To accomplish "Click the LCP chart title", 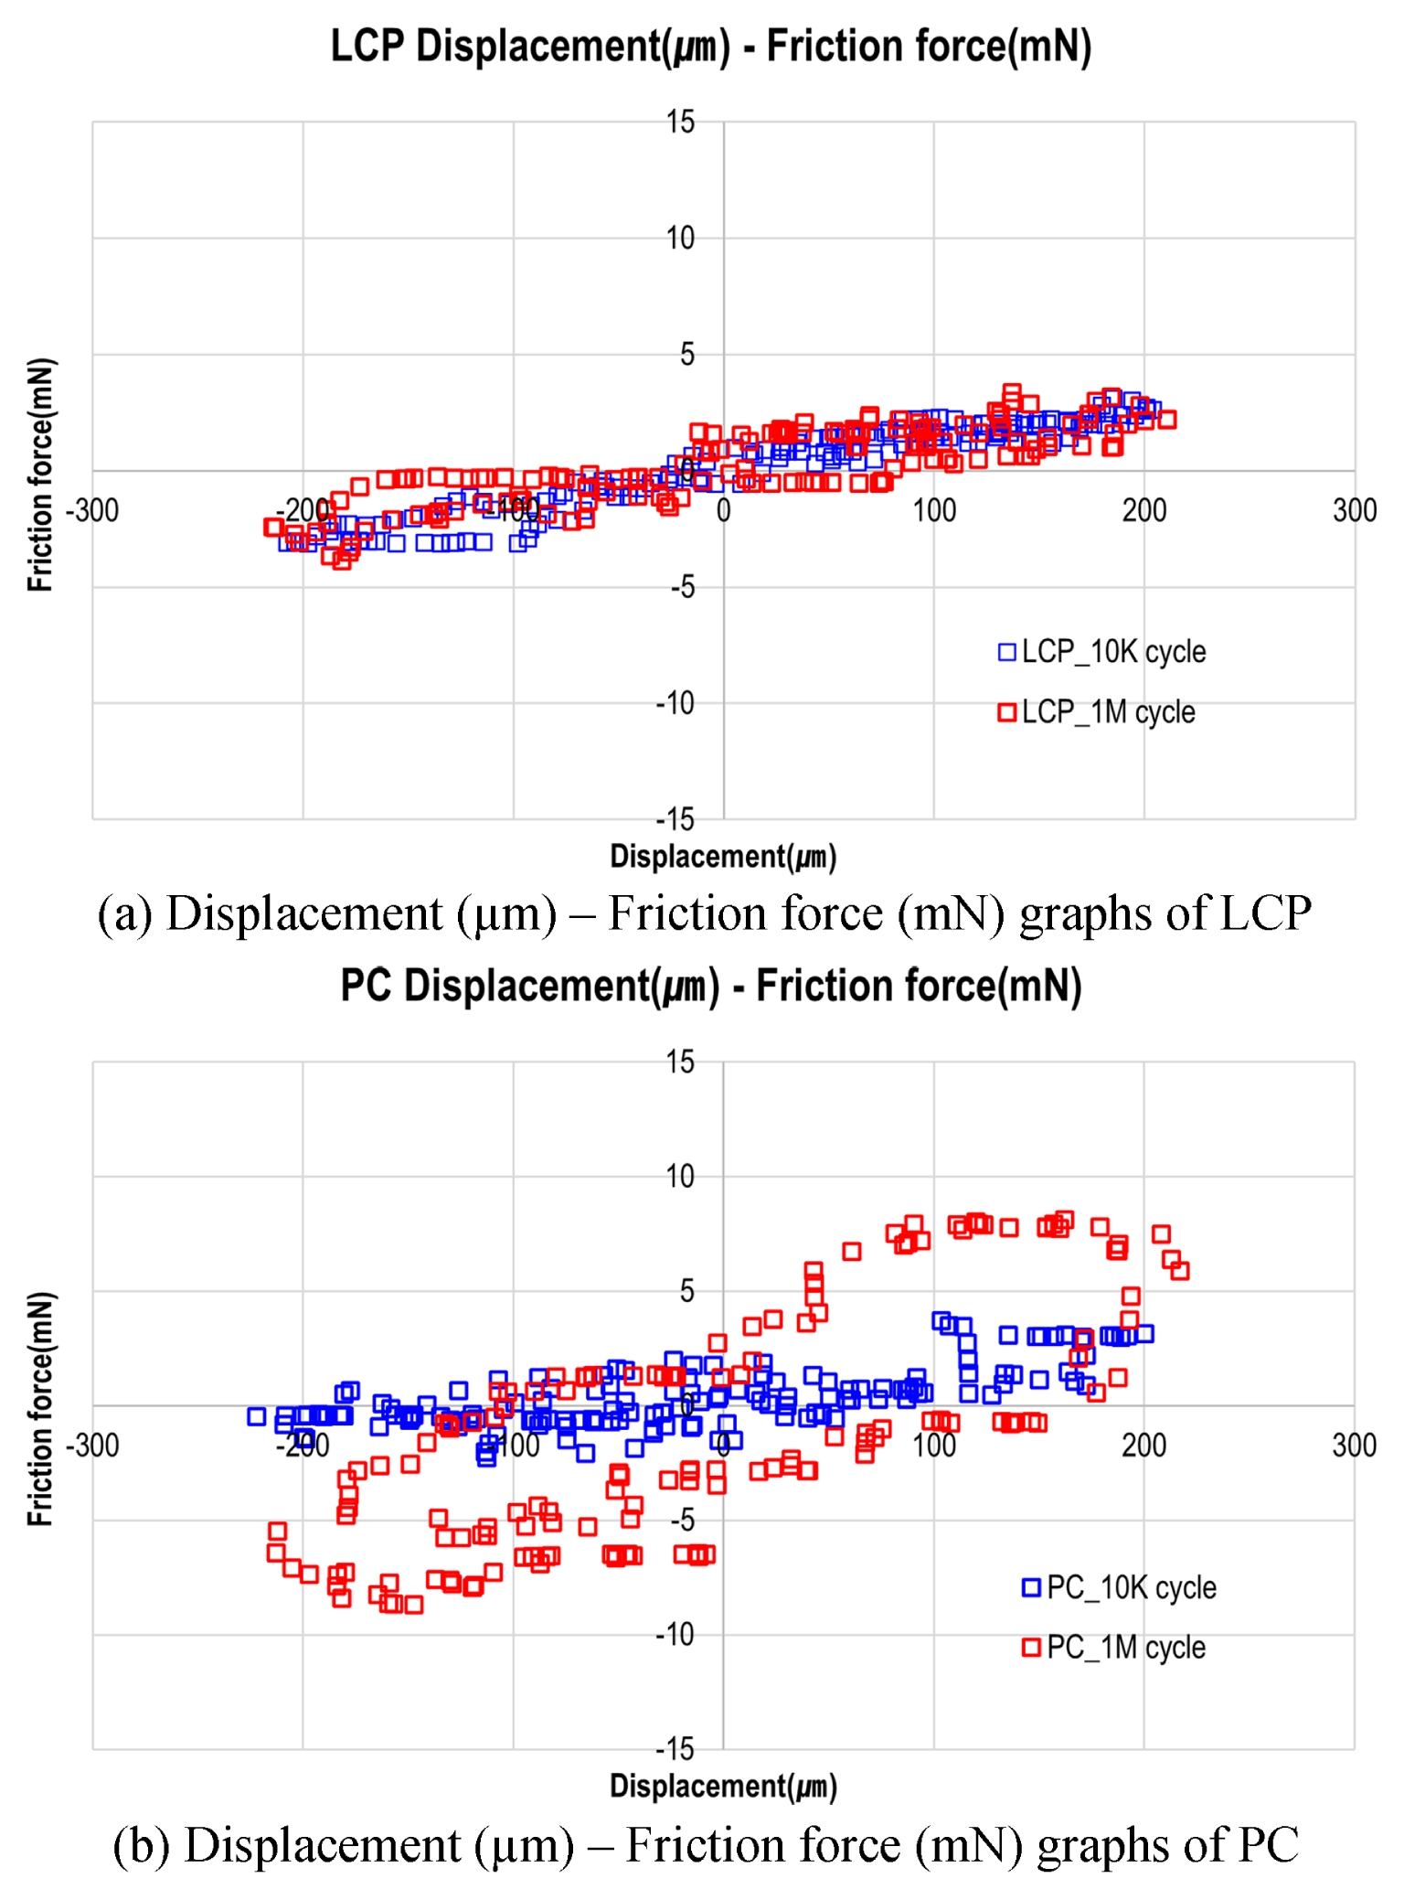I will [710, 46].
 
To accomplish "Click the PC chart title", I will [710, 986].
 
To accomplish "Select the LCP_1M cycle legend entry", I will [1096, 712].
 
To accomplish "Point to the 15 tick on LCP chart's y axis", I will [680, 122].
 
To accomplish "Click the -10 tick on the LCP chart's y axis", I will [675, 703].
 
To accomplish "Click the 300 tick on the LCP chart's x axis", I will [1354, 510].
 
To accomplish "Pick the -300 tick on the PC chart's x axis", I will [92, 1446].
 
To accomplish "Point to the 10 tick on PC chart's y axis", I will [680, 1176].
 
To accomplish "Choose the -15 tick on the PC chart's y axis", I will [675, 1748].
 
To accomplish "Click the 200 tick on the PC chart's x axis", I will [1143, 1446].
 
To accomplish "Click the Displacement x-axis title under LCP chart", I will [722, 857].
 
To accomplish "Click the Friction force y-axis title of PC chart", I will [40, 1408].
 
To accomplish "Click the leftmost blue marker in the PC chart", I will [257, 1416].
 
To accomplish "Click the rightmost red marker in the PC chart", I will [1180, 1270].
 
